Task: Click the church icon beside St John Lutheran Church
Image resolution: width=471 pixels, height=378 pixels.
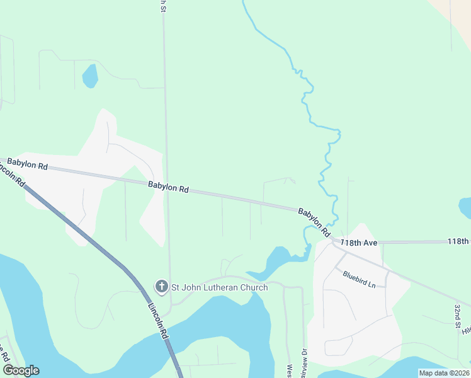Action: (x=161, y=287)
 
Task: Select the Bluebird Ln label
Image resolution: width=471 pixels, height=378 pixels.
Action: (x=359, y=279)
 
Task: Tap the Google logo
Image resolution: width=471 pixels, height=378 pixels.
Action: (x=20, y=370)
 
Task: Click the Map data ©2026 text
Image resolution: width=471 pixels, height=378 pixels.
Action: (x=444, y=373)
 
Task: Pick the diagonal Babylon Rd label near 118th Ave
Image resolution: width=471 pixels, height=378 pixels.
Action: (x=314, y=222)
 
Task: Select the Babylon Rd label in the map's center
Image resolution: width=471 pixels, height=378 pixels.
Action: (x=169, y=187)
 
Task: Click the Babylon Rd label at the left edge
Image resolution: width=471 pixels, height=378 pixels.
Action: (x=28, y=166)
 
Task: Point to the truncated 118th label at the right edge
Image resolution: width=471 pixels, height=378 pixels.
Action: (x=458, y=241)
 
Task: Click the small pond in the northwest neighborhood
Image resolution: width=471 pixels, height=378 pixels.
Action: (x=91, y=76)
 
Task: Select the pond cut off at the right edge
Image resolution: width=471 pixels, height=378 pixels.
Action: (x=465, y=207)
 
